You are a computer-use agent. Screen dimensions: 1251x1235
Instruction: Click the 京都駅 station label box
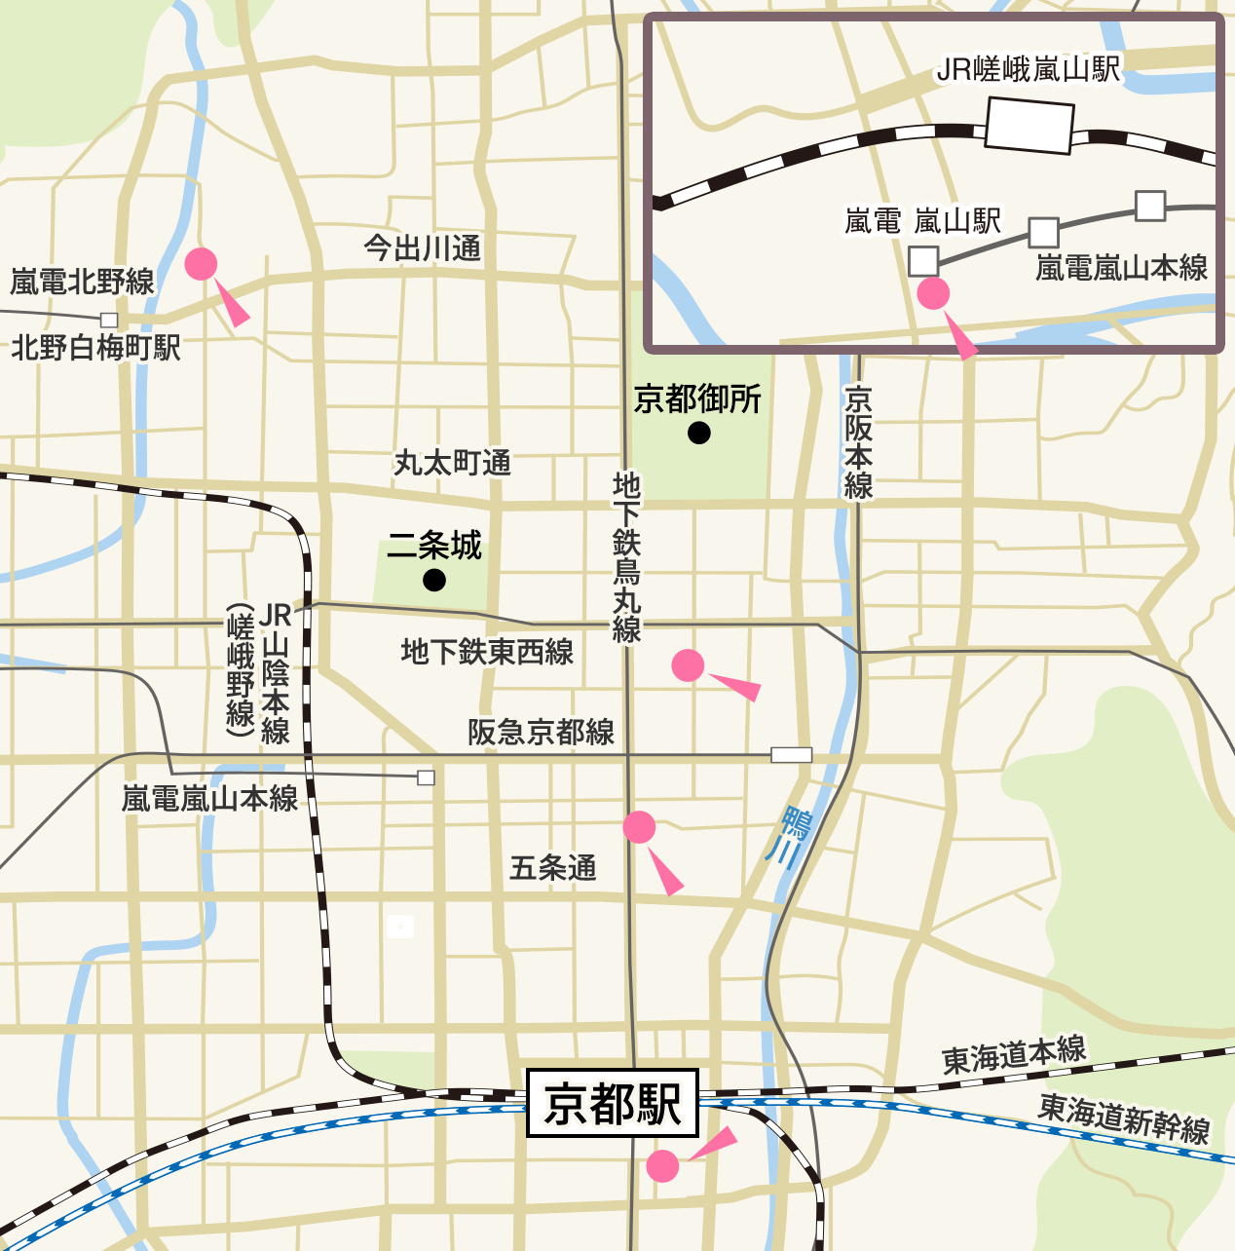[x=613, y=1103]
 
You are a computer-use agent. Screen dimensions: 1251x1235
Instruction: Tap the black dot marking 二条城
[x=434, y=581]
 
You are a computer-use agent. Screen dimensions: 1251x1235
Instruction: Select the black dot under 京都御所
[x=699, y=434]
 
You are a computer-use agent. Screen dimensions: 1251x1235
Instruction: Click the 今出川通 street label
[x=423, y=248]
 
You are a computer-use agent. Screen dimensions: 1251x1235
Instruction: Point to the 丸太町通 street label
[x=453, y=463]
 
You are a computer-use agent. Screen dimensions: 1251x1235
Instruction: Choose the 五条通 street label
[x=553, y=867]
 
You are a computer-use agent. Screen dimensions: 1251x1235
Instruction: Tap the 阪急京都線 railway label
[x=542, y=732]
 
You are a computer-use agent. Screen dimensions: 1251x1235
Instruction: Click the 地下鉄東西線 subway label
[x=487, y=652]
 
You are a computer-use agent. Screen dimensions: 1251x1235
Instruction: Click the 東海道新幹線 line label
[x=1123, y=1118]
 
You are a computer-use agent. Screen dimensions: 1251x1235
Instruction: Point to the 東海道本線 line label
[x=1013, y=1055]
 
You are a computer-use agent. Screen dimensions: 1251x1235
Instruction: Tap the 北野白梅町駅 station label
[x=95, y=348]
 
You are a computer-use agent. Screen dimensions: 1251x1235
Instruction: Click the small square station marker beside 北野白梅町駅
[x=109, y=320]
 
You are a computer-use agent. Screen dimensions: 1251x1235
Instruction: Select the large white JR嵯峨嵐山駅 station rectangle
[x=1029, y=128]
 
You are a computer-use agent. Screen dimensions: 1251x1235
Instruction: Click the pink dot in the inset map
[x=933, y=293]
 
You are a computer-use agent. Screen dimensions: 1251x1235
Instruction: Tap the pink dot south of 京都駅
[x=662, y=1165]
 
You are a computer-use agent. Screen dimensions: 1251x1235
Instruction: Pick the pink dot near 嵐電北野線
[x=201, y=264]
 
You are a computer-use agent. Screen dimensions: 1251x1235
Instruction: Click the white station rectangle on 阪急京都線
[x=791, y=755]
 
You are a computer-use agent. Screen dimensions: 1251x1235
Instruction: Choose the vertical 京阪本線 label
[x=858, y=442]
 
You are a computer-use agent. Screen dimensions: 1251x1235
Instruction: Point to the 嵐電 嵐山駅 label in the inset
[x=921, y=222]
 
